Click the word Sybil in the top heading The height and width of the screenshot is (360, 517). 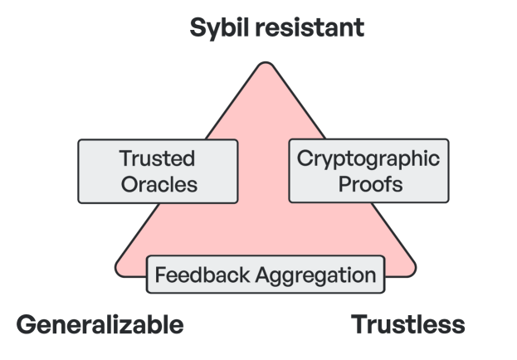click(219, 27)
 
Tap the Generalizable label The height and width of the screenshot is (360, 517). click(100, 324)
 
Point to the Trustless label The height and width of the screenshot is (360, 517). click(408, 324)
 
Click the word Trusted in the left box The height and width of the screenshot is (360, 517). click(157, 158)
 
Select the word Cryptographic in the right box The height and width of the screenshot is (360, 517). click(368, 158)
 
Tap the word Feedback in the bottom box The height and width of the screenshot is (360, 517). click(196, 275)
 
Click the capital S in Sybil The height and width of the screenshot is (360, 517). click(198, 27)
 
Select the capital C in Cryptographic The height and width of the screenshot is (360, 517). click(302, 157)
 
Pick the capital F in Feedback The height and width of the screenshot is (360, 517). click(160, 274)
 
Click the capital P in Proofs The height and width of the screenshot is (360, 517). click(344, 183)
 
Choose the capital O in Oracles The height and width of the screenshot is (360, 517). click(129, 183)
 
